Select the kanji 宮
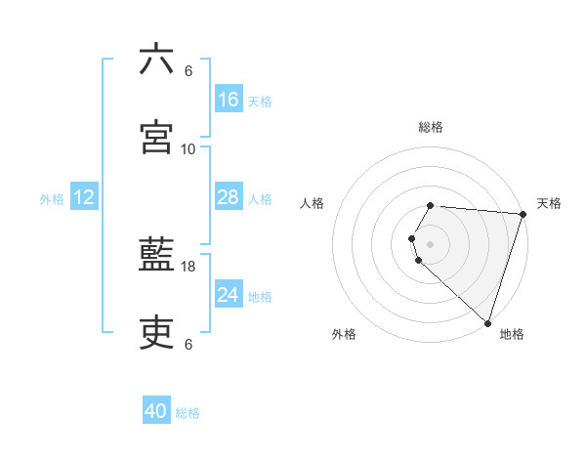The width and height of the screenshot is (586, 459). [x=157, y=138]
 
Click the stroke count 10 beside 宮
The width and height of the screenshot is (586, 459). [x=188, y=149]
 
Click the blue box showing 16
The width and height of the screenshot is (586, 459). [x=229, y=100]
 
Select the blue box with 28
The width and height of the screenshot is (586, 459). [x=229, y=197]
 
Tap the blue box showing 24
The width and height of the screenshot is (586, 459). [x=229, y=295]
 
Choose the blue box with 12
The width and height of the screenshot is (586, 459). [x=84, y=197]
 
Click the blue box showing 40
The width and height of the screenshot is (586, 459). [x=156, y=411]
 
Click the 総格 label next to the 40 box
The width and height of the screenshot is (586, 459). [x=188, y=413]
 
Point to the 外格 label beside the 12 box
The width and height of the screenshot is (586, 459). [x=52, y=199]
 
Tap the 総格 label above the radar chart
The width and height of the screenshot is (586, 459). [x=431, y=127]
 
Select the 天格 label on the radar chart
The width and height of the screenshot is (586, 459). [x=549, y=203]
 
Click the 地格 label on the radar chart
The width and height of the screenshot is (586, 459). [x=512, y=334]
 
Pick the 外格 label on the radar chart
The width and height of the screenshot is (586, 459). [x=344, y=334]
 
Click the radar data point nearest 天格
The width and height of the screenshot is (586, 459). [x=523, y=214]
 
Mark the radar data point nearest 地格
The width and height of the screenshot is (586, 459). [x=487, y=322]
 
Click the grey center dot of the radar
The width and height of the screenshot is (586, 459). [x=431, y=243]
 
